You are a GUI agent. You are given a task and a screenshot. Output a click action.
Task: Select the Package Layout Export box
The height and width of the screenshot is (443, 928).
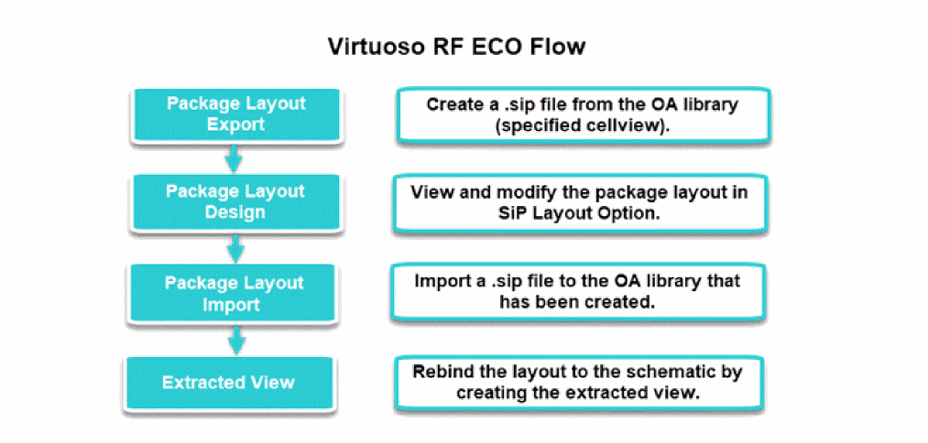point(236,114)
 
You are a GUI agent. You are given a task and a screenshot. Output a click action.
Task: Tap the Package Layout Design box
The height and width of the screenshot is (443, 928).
point(236,202)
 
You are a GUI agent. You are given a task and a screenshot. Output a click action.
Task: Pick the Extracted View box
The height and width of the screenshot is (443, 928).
point(228,383)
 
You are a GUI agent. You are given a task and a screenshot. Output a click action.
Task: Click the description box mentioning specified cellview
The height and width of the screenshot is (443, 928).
point(583,115)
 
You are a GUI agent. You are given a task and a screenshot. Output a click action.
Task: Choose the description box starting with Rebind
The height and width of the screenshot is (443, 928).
point(577,383)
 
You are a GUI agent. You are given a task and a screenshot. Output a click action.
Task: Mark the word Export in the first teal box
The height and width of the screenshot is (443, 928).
point(236,125)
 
